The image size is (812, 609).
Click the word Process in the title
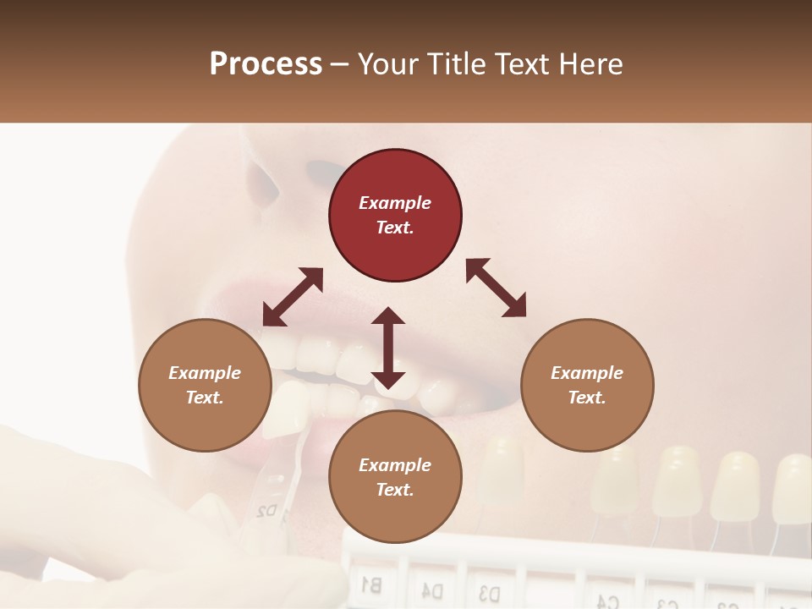pyautogui.click(x=266, y=64)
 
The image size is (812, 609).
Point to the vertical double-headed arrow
pyautogui.click(x=388, y=348)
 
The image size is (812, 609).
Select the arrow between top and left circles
pyautogui.click(x=293, y=297)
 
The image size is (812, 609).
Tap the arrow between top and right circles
pyautogui.click(x=496, y=288)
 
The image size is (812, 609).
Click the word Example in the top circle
pyautogui.click(x=395, y=203)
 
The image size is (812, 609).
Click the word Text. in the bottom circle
pyautogui.click(x=395, y=490)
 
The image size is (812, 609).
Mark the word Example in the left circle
pyautogui.click(x=205, y=373)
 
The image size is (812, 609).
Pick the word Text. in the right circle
pyautogui.click(x=587, y=398)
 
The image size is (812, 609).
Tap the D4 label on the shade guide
pyautogui.click(x=432, y=588)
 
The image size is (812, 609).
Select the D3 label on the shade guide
pyautogui.click(x=489, y=591)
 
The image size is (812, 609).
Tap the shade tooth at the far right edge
pyautogui.click(x=793, y=486)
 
